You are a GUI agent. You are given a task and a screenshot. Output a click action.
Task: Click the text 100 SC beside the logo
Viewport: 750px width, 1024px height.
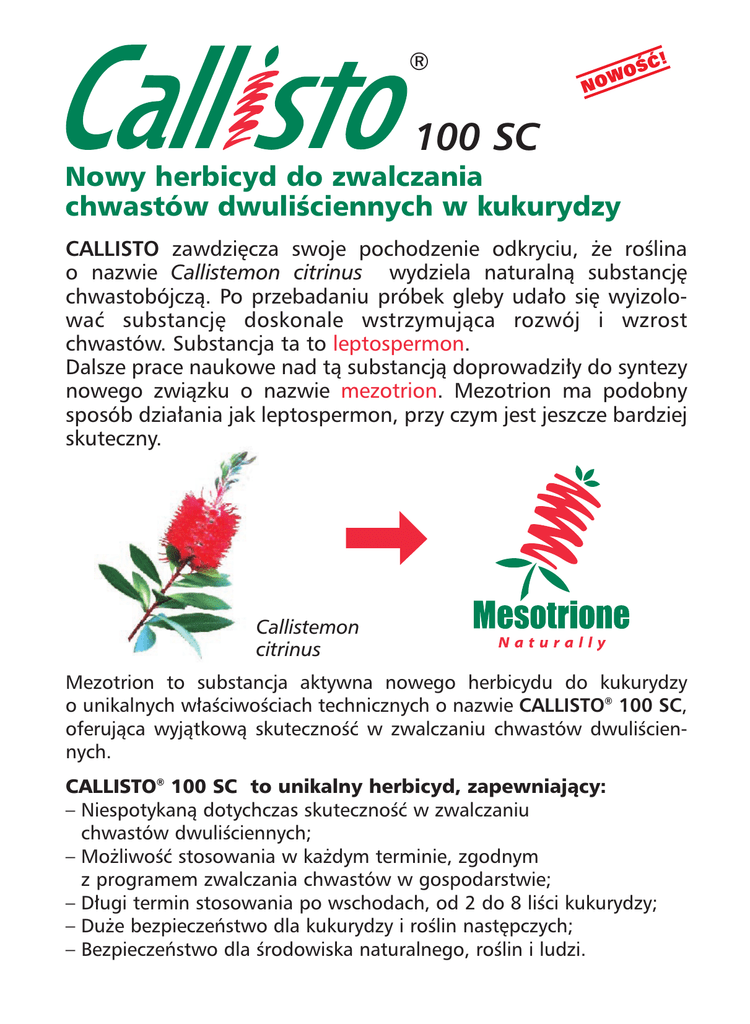click(478, 134)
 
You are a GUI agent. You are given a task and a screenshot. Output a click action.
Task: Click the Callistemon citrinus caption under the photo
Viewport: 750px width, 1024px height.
click(306, 638)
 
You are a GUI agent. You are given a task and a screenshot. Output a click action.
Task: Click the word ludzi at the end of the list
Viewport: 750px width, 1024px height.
click(560, 949)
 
